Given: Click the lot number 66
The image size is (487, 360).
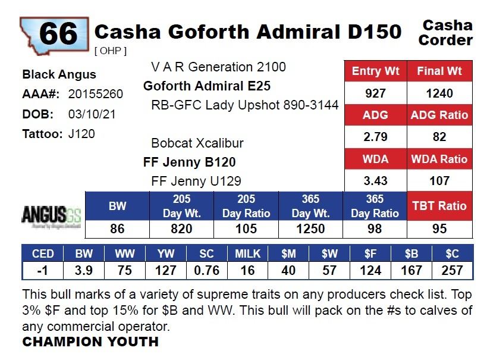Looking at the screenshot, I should [x=58, y=33].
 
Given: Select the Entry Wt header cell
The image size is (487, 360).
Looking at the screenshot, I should [x=375, y=71].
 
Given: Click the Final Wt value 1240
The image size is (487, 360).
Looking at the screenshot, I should [x=439, y=93].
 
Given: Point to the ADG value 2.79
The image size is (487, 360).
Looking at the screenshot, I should [x=375, y=137].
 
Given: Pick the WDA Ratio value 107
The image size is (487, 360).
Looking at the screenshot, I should [x=439, y=181].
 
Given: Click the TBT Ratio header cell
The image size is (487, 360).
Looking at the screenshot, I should [x=439, y=206].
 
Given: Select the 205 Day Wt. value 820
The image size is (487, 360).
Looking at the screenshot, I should [x=182, y=229].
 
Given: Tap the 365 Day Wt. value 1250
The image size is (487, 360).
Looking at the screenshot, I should [x=310, y=229].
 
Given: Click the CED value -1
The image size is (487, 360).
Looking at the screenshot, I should [x=43, y=271].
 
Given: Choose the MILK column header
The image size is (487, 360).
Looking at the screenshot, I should [x=247, y=253].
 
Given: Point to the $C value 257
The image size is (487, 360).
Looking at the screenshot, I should [x=452, y=271].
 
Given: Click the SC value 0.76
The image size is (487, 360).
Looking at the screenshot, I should [x=206, y=271].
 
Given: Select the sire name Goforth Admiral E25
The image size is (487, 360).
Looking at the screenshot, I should [x=207, y=86].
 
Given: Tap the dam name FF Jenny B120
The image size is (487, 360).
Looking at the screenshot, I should [x=190, y=162].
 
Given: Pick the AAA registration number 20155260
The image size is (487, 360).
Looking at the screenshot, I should [x=96, y=94].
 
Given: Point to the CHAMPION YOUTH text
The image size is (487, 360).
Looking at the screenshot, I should [x=90, y=342].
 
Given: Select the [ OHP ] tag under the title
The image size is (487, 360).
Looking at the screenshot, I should [x=111, y=51].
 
